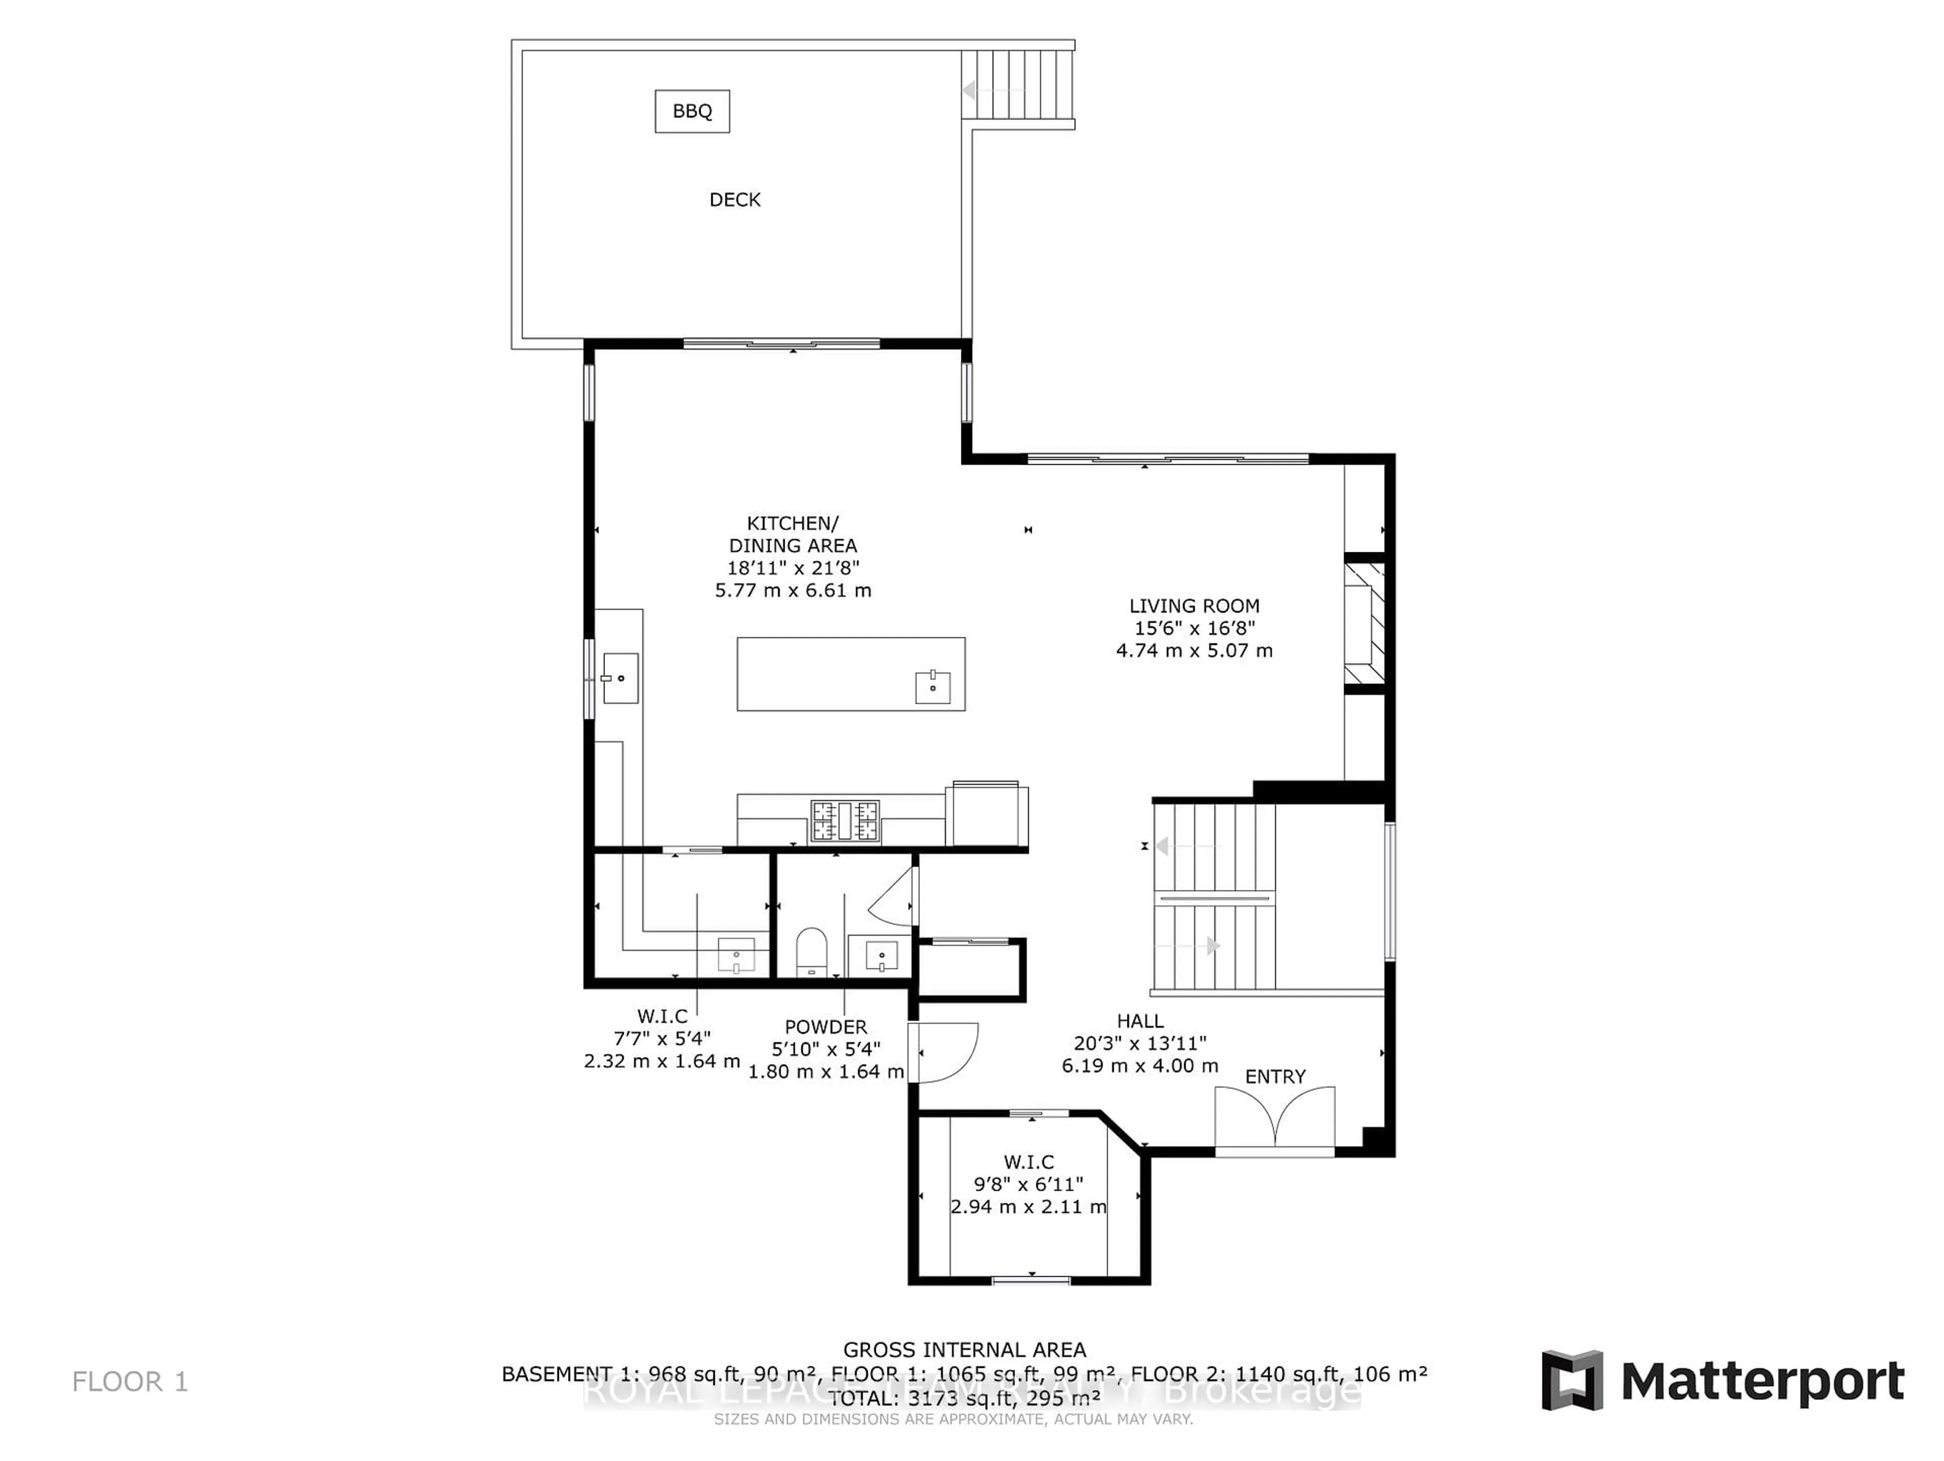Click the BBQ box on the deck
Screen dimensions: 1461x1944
point(692,112)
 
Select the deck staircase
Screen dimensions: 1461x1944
point(1018,85)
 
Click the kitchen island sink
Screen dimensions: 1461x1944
point(933,686)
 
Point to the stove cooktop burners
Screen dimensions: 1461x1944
point(844,821)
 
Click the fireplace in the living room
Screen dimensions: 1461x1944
point(1364,622)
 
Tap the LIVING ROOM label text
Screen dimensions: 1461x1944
point(1193,605)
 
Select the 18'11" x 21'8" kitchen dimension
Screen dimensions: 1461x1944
point(793,568)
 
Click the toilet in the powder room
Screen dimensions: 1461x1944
point(811,951)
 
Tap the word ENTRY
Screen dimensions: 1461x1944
point(1274,1077)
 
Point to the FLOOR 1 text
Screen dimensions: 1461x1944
point(130,1382)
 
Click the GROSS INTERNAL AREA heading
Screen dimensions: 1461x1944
point(964,1349)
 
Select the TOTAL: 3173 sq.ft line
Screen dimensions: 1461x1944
point(964,1398)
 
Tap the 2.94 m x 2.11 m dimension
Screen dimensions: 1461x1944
point(1027,1207)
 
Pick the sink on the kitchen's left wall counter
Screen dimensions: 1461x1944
point(621,678)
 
